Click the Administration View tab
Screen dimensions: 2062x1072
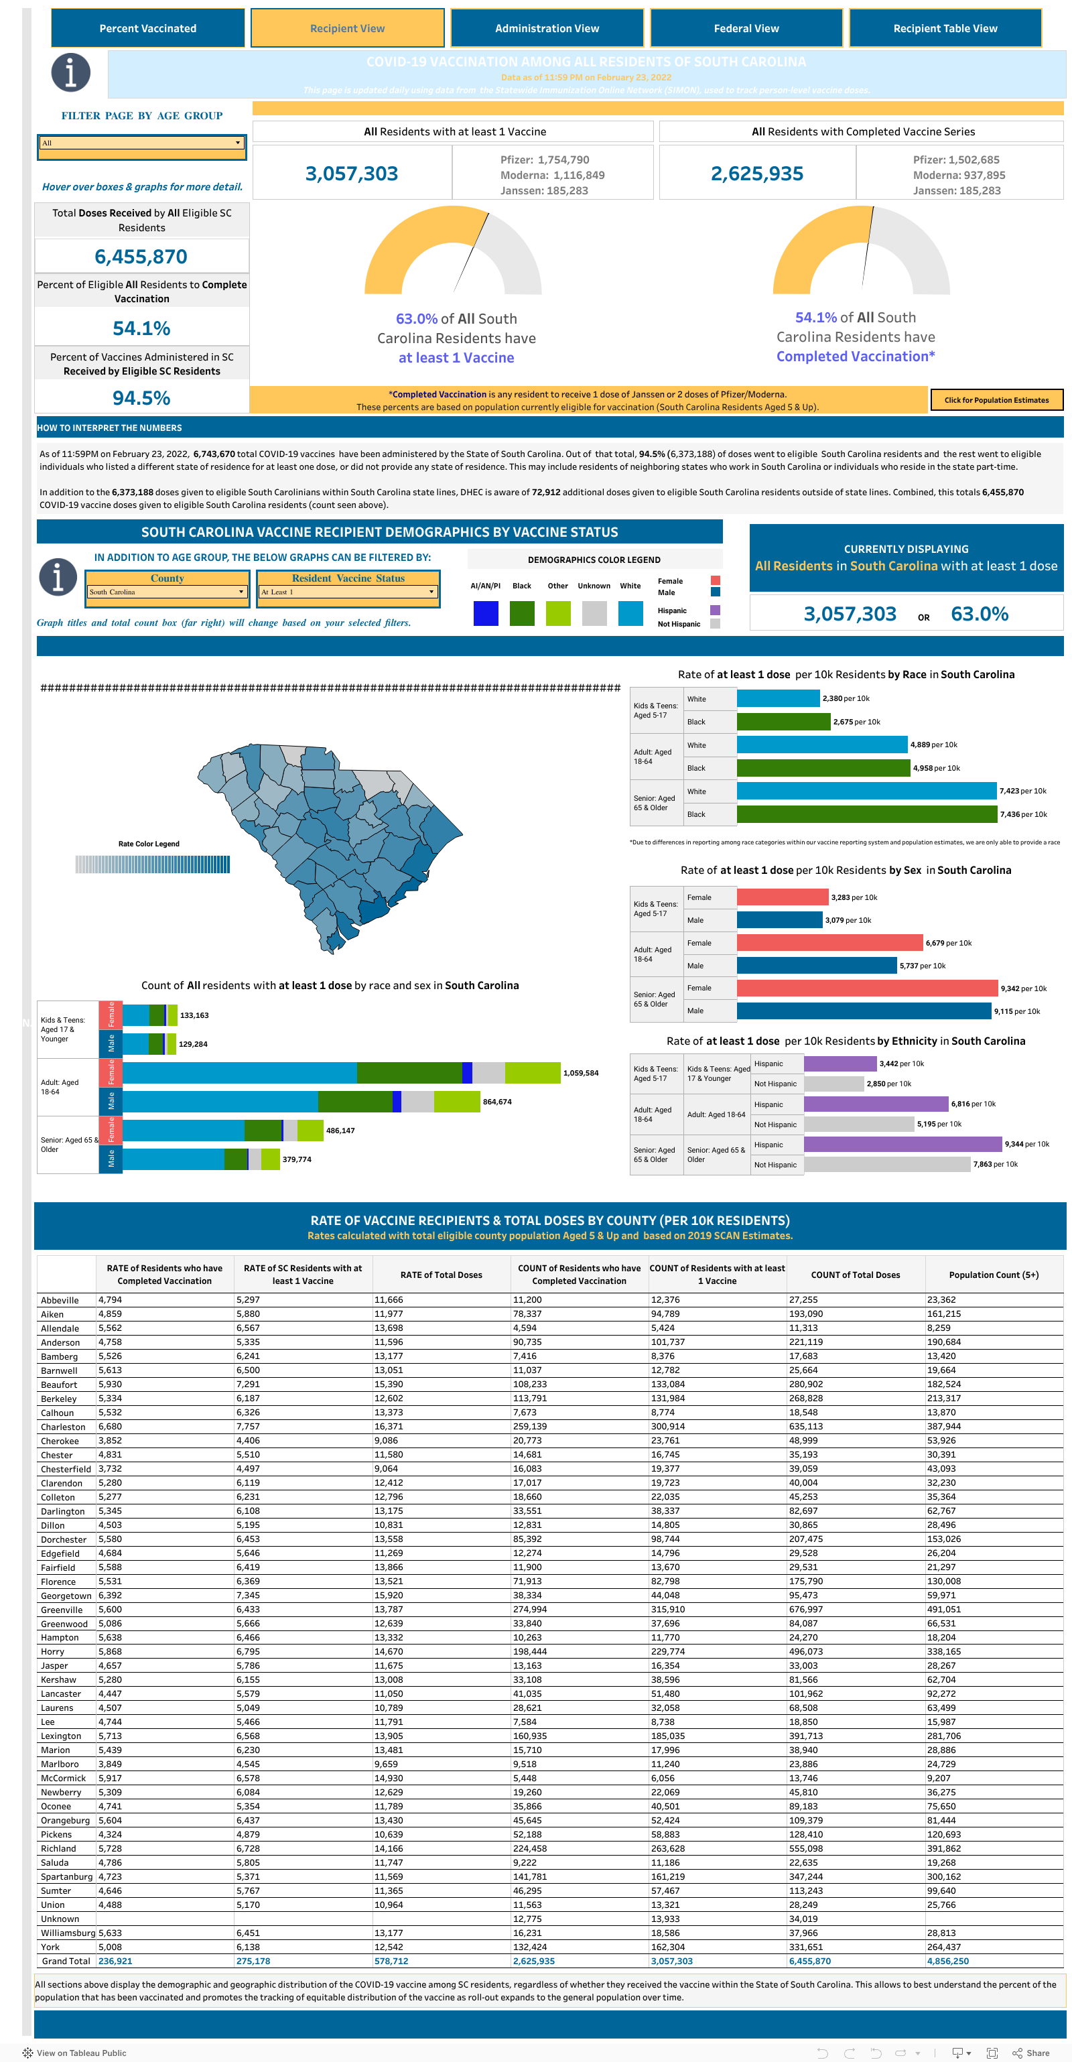pos(547,28)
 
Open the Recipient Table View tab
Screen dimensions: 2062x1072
pos(945,28)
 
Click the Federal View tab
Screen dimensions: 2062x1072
pos(746,28)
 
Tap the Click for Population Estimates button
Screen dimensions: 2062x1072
pos(996,400)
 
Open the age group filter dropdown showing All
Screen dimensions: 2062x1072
pos(142,143)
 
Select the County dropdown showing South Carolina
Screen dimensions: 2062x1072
pos(167,592)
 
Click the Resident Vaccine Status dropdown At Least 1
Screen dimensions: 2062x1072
pos(348,592)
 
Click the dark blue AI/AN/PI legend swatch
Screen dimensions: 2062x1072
pos(486,613)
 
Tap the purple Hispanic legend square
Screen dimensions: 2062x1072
pos(715,610)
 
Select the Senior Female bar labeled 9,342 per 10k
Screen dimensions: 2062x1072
pos(867,988)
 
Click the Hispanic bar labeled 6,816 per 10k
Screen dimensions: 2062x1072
pos(876,1104)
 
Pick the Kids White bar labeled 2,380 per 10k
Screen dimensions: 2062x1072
pos(778,699)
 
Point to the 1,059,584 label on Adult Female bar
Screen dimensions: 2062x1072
pos(580,1074)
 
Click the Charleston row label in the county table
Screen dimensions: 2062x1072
pos(63,1427)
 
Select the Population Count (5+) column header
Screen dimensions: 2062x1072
pos(994,1275)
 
